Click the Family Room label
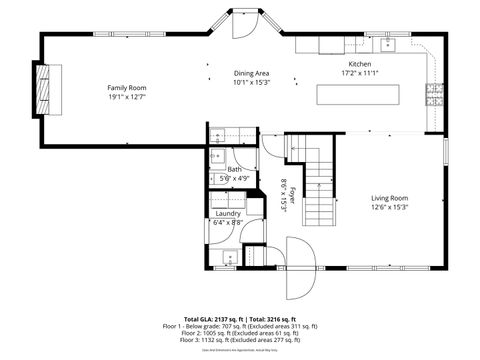click(x=127, y=88)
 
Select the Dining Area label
click(x=251, y=73)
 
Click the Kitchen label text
click(x=359, y=62)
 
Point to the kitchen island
click(x=363, y=94)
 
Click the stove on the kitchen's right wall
click(x=435, y=94)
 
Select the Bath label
click(x=233, y=169)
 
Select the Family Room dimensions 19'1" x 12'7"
click(x=127, y=97)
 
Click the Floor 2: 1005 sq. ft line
click(x=239, y=333)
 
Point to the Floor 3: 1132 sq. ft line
click(x=239, y=340)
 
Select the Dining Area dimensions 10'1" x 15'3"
click(x=251, y=82)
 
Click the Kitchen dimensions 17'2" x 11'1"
click(x=359, y=72)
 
